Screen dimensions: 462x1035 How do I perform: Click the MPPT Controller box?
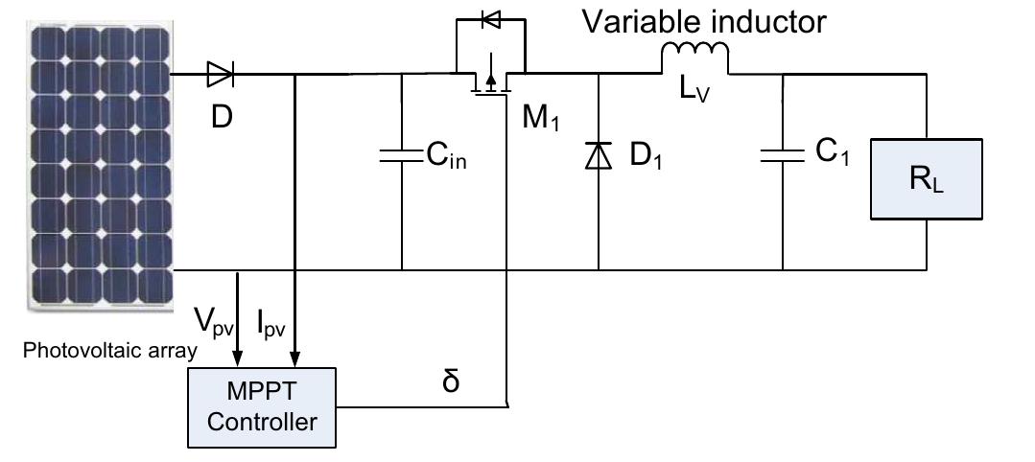pos(263,406)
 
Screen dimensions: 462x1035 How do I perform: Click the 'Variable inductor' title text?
pos(704,21)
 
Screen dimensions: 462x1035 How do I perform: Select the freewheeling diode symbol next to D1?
pos(598,155)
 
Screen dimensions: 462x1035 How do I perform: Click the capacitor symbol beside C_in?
pos(401,155)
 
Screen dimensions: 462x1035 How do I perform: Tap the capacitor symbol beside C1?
pos(782,155)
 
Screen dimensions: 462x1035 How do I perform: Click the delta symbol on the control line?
pos(451,381)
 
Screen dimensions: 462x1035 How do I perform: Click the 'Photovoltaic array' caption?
pos(109,351)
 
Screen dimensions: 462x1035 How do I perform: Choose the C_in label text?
pos(447,157)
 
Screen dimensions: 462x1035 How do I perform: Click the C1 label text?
pos(833,155)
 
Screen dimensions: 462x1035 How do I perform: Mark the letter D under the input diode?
pos(222,117)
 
